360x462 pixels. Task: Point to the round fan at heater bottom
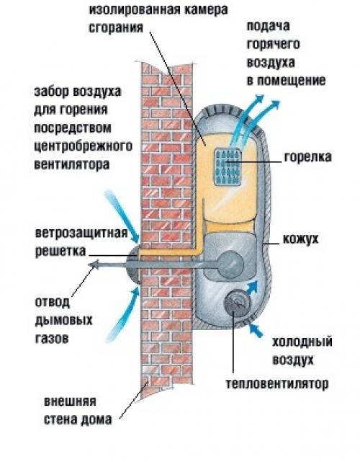coord(236,306)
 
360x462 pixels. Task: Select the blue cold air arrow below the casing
coord(256,329)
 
